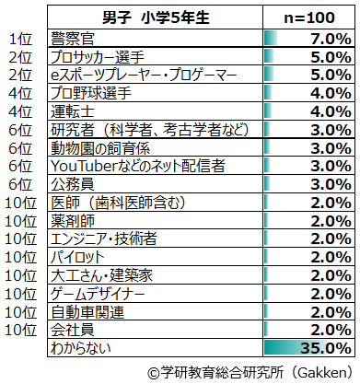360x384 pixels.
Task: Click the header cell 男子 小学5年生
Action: point(156,17)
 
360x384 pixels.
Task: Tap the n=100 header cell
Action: point(309,17)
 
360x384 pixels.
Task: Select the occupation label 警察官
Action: point(73,39)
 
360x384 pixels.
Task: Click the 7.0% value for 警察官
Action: point(331,39)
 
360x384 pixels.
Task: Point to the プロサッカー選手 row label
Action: point(98,57)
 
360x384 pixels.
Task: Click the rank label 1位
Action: point(20,39)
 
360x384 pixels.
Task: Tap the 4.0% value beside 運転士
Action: point(331,111)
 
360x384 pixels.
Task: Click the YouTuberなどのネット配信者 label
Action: point(138,166)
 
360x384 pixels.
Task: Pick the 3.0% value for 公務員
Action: point(331,184)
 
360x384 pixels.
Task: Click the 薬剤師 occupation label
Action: point(73,221)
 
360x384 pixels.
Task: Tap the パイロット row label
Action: point(77,257)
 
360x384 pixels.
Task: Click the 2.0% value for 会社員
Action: point(331,330)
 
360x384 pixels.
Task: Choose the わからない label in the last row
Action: point(81,348)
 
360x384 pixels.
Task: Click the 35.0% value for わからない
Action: point(326,348)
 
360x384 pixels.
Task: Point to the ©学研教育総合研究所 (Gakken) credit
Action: point(250,372)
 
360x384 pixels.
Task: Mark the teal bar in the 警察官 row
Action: point(271,39)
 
